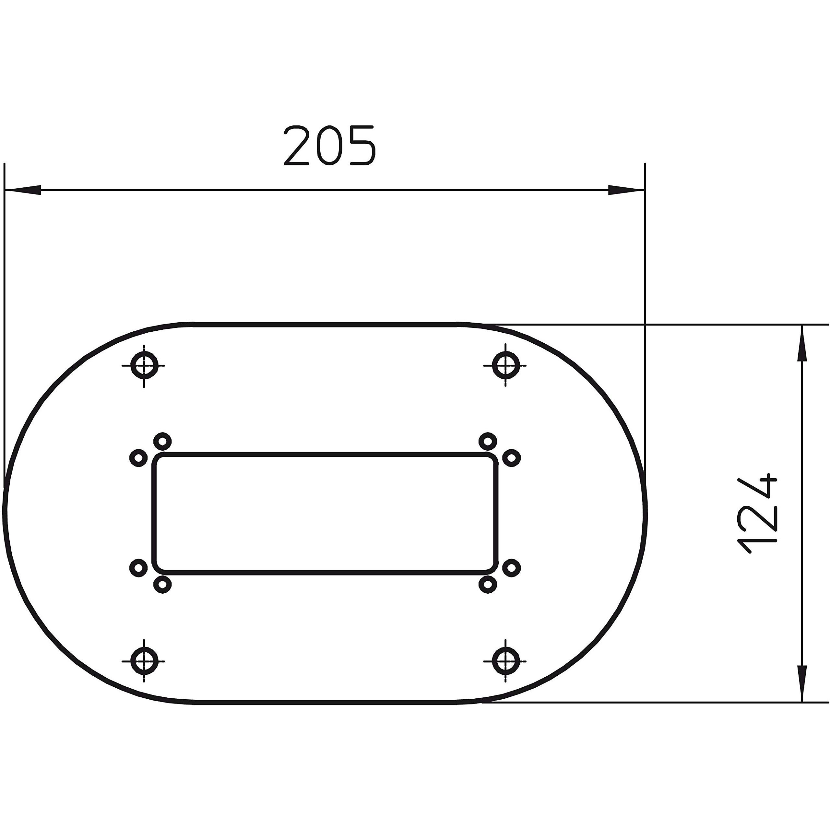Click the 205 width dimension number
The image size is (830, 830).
tap(329, 145)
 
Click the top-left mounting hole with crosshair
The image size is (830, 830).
tap(144, 366)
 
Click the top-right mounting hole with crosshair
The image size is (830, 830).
tap(506, 366)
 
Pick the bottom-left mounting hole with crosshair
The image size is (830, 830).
tap(144, 661)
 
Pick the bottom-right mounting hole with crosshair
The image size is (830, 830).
tap(506, 661)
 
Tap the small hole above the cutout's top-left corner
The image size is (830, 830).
tap(162, 441)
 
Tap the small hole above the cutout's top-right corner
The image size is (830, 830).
tap(488, 441)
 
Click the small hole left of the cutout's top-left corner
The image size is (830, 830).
tap(138, 458)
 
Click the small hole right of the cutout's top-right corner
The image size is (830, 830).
tap(511, 458)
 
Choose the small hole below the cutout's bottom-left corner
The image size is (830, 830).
tap(162, 585)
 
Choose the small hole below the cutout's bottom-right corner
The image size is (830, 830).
tap(488, 585)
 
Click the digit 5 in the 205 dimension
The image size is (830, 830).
tap(362, 145)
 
